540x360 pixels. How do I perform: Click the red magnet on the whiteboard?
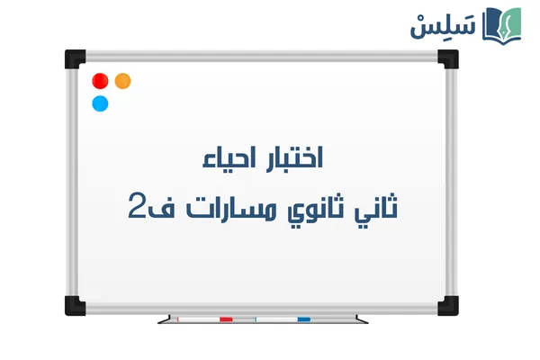pos(100,81)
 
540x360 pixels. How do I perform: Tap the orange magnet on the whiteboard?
pos(123,81)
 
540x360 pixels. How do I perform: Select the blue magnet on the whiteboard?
pos(100,103)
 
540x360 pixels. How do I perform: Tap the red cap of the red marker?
pos(226,319)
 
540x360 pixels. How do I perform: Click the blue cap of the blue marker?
pos(303,319)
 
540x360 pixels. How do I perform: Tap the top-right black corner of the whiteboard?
pos(447,58)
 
